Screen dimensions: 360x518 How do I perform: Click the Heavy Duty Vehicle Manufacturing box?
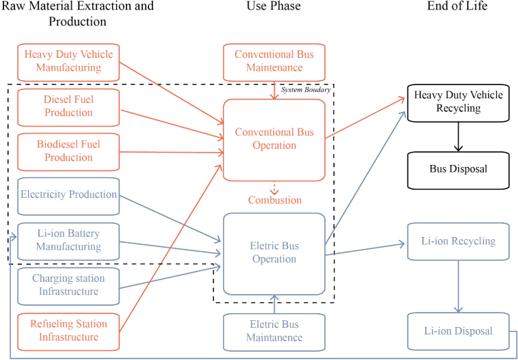[x=68, y=61]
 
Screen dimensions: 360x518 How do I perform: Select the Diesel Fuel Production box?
[x=68, y=106]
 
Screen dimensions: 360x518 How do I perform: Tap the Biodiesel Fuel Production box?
[x=68, y=150]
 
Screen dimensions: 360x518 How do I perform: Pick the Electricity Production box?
[x=68, y=195]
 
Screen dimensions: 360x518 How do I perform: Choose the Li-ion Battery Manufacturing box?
[x=68, y=240]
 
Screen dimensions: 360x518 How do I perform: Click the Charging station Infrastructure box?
[x=68, y=285]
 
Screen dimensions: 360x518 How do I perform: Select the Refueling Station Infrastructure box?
[x=68, y=330]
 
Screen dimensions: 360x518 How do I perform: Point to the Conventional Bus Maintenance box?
[x=274, y=61]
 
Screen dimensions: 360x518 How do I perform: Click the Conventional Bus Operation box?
[x=274, y=139]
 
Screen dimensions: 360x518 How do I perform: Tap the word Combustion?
[x=275, y=200]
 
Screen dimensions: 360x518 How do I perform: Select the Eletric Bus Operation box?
[x=274, y=253]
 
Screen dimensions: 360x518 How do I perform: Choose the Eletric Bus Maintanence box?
[x=274, y=331]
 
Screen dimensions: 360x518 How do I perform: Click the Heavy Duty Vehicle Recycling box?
[x=458, y=102]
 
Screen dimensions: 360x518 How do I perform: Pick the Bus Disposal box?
[x=458, y=169]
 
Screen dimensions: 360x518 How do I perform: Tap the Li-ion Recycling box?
[x=458, y=241]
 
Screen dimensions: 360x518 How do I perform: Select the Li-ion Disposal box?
[x=458, y=331]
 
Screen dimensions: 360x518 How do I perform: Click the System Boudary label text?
[x=306, y=90]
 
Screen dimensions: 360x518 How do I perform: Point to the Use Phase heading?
[x=273, y=6]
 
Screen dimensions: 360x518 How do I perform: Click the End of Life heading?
[x=457, y=6]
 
